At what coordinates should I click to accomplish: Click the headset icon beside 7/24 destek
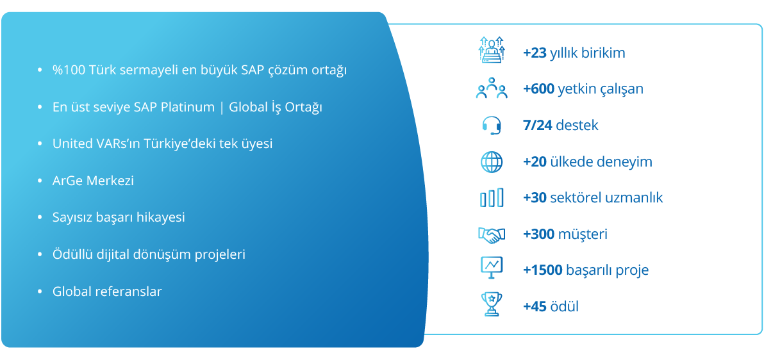(492, 125)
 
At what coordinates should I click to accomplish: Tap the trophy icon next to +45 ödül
(491, 304)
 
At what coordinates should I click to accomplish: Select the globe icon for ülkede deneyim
(491, 161)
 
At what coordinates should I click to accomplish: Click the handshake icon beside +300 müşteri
(491, 235)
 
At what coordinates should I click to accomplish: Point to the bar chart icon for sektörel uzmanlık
(491, 198)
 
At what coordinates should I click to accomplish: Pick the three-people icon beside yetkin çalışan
(491, 88)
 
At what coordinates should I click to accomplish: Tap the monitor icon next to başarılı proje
(491, 268)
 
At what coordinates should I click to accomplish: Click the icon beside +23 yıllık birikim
(491, 49)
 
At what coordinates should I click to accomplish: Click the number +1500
(543, 270)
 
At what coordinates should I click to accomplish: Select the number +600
(538, 88)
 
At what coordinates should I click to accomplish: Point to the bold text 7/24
(537, 125)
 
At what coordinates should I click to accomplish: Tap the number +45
(535, 306)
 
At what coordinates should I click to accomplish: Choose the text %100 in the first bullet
(68, 70)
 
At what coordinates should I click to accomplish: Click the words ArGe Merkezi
(93, 181)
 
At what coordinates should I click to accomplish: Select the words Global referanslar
(107, 291)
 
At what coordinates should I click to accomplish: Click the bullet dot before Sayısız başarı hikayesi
(40, 218)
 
